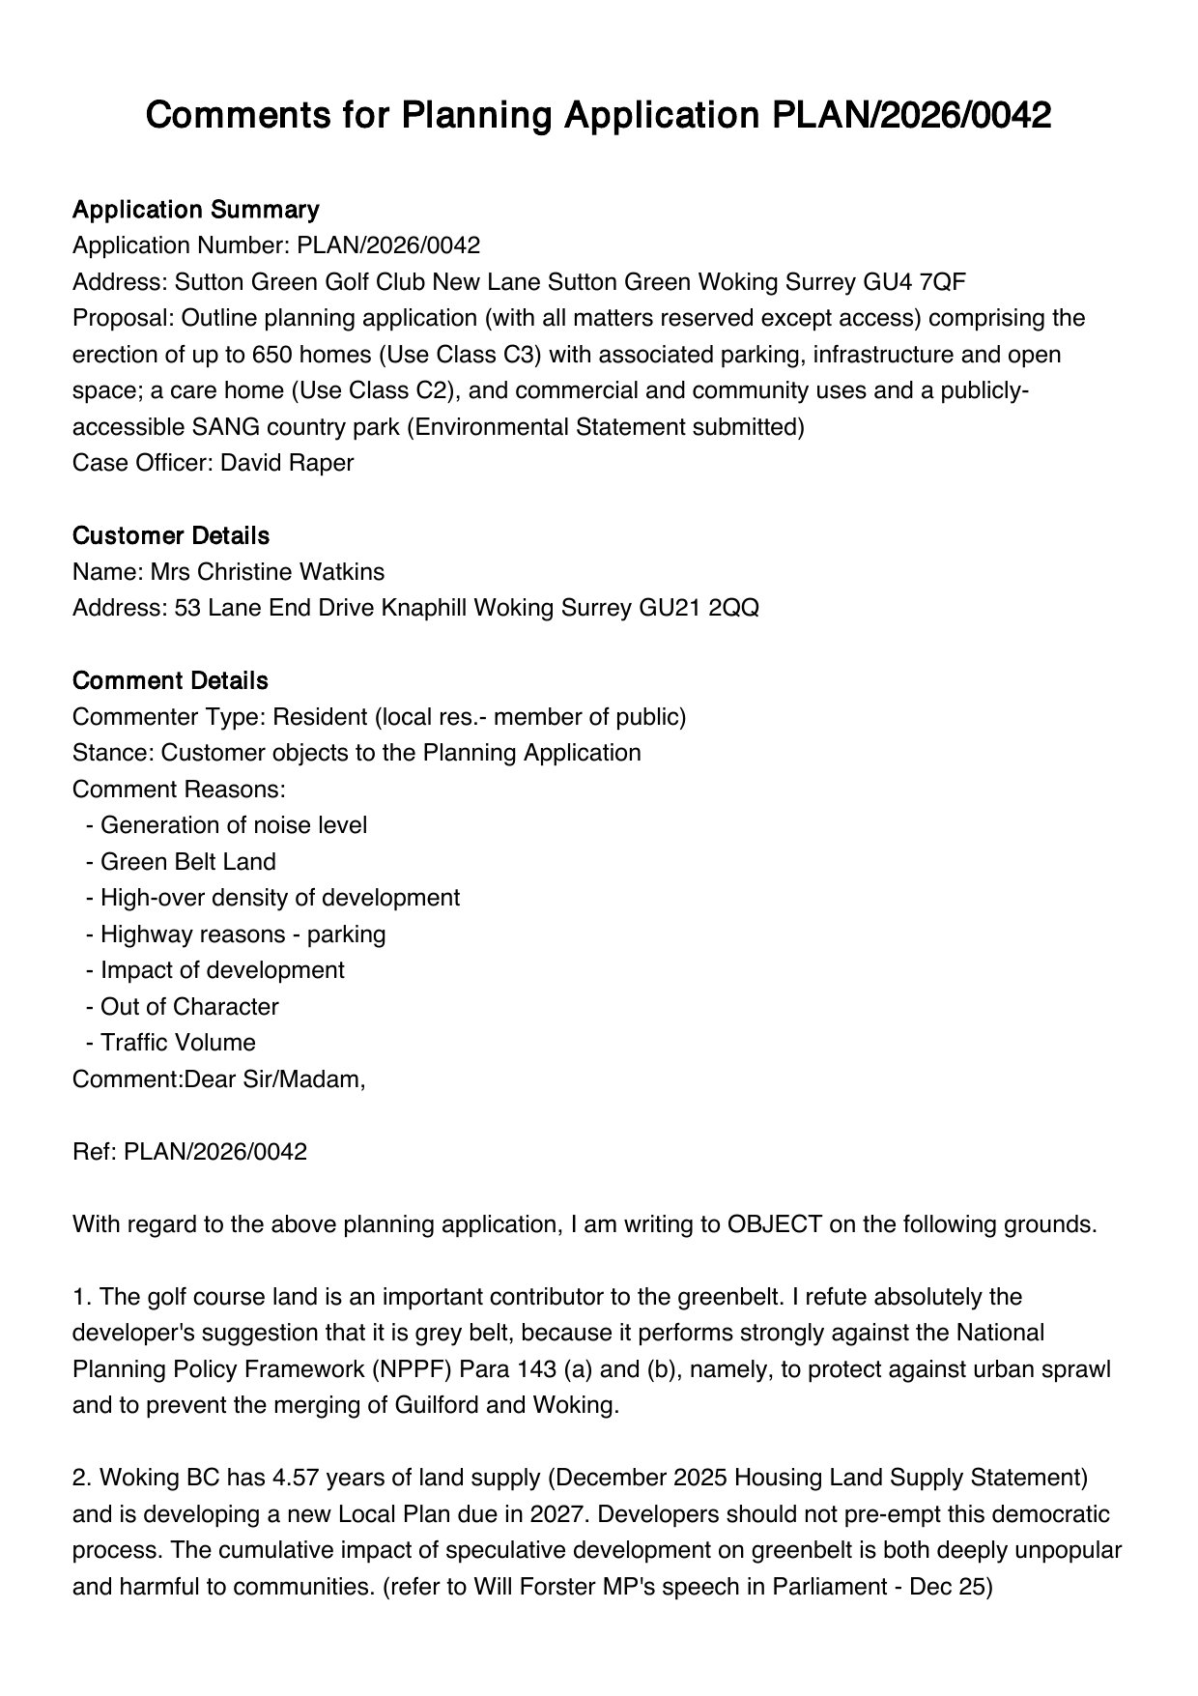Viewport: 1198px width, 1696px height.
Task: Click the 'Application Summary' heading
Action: tap(195, 210)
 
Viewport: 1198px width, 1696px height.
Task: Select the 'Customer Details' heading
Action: tap(171, 535)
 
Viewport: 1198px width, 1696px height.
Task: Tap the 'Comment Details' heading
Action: tap(170, 680)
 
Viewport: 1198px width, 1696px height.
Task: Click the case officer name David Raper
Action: tap(287, 463)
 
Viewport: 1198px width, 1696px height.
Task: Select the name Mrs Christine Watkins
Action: tap(267, 572)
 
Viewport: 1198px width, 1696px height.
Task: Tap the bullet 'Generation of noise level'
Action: tap(233, 825)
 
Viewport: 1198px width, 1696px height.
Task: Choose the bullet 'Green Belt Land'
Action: tap(187, 862)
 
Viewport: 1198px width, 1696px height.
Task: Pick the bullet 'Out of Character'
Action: tap(189, 1007)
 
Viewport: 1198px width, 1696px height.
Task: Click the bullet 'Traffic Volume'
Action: tap(178, 1043)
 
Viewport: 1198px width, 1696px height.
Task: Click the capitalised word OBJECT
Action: tap(774, 1224)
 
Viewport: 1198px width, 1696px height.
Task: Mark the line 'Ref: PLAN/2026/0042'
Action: tap(189, 1152)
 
